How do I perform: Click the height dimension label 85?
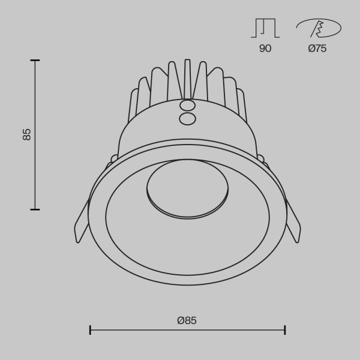tap(27, 134)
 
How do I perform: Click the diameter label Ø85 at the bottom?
tap(187, 320)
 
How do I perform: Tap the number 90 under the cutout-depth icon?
tap(265, 49)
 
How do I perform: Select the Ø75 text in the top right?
tap(317, 49)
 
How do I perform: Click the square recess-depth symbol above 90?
tap(265, 28)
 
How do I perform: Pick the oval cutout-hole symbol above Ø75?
tap(319, 28)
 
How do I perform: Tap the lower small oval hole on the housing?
tap(187, 119)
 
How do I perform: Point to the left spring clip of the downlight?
tap(82, 225)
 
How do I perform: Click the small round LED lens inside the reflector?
tap(187, 188)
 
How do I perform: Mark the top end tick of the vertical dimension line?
tap(35, 60)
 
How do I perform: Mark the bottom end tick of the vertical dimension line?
tap(35, 209)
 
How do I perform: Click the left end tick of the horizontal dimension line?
tap(90, 329)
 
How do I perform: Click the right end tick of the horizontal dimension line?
tap(285, 329)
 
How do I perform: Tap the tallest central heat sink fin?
tap(187, 78)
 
